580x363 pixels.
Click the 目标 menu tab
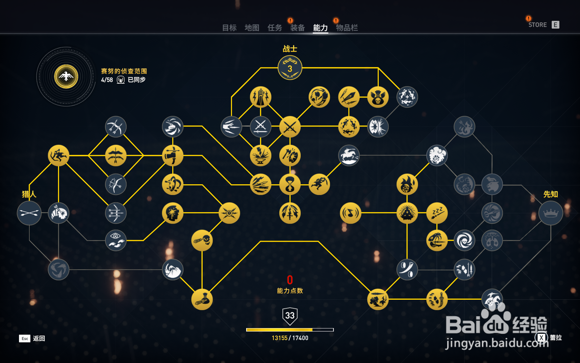(x=229, y=28)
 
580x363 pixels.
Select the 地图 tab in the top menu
(x=252, y=28)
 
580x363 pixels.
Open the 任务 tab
(x=274, y=28)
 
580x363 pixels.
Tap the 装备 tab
(x=297, y=28)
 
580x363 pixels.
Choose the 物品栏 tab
(x=347, y=28)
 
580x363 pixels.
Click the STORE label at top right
(x=537, y=25)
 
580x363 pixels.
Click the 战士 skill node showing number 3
(x=290, y=68)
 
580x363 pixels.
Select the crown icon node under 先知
(x=551, y=213)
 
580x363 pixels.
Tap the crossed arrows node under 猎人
(x=29, y=213)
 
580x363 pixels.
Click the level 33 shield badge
(x=290, y=316)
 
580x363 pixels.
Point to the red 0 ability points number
(x=290, y=280)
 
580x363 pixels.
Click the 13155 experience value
(x=279, y=338)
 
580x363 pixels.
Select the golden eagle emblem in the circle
(x=66, y=76)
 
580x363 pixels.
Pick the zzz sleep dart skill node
(x=437, y=213)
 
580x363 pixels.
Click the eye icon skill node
(x=116, y=240)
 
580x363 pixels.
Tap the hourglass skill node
(x=290, y=184)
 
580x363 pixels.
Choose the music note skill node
(x=350, y=213)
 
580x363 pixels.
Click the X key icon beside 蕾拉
(x=541, y=338)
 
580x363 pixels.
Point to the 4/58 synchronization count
(x=107, y=80)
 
